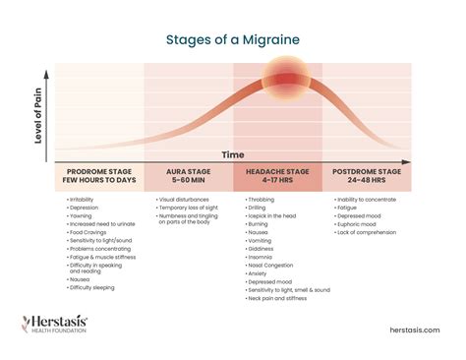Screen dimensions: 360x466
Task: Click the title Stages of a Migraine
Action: point(232,40)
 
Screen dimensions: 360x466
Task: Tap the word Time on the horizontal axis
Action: point(232,155)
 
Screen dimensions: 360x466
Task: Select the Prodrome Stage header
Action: point(98,176)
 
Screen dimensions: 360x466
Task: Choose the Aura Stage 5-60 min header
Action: point(188,176)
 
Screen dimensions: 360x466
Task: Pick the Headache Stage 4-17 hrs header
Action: point(276,176)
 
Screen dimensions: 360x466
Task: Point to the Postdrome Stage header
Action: point(368,176)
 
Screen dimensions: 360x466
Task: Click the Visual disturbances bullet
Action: point(187,200)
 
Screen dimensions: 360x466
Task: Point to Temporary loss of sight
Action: point(191,209)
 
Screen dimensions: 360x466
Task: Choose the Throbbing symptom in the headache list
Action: point(263,200)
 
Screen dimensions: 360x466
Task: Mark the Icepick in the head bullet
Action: point(274,216)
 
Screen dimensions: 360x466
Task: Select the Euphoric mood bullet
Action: point(361,225)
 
